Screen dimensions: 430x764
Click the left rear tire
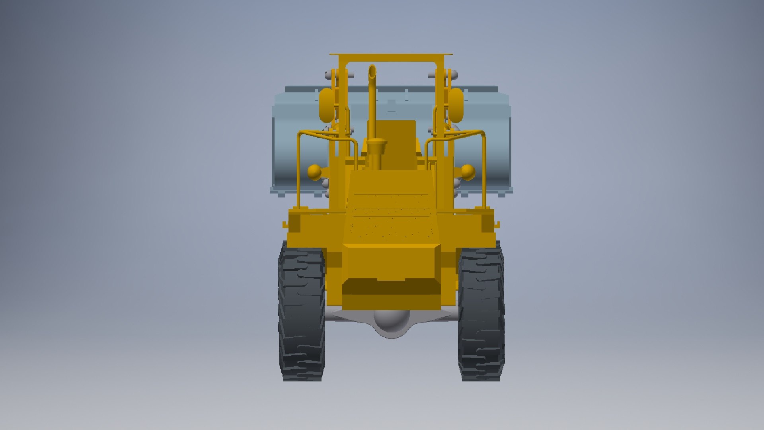click(301, 315)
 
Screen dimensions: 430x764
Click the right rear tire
click(481, 315)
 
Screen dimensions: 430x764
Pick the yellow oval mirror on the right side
click(456, 105)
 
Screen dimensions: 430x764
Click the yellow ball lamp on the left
click(314, 172)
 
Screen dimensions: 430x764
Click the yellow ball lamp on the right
click(468, 172)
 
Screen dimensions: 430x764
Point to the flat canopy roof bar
click(391, 56)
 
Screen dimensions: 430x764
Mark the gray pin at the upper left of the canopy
click(329, 74)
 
